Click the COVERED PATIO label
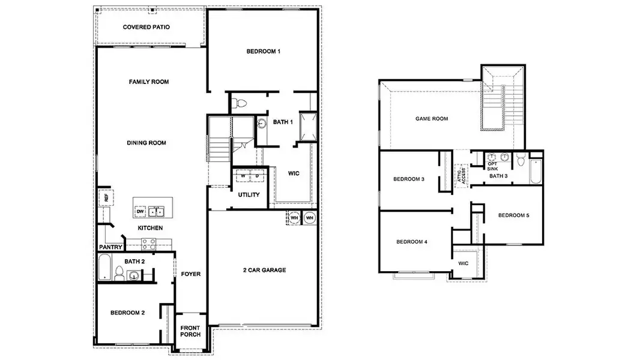click(146, 27)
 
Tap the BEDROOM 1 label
click(263, 52)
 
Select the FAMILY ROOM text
click(148, 82)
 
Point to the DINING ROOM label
click(146, 143)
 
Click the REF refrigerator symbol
click(106, 197)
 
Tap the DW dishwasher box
click(140, 211)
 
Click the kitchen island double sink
click(157, 211)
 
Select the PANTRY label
click(110, 247)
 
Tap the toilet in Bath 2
click(119, 275)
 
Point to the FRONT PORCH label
click(190, 331)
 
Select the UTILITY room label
click(249, 195)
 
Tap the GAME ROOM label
click(432, 119)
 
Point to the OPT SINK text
click(492, 166)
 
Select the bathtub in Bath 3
click(536, 169)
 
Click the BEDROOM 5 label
click(513, 215)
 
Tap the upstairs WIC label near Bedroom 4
click(463, 263)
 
